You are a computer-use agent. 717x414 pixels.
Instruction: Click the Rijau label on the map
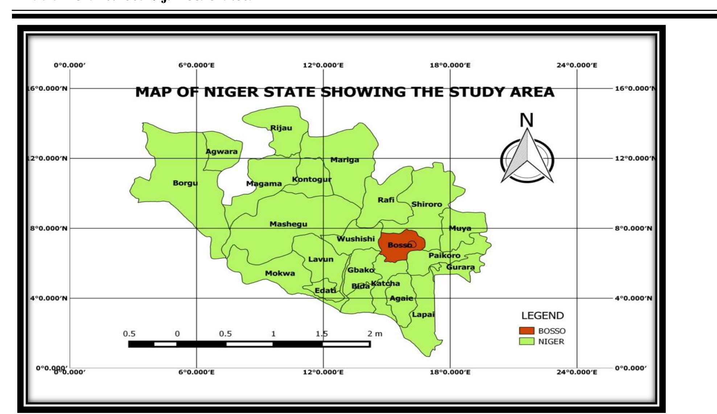(x=281, y=128)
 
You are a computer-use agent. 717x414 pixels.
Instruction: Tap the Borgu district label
(x=185, y=183)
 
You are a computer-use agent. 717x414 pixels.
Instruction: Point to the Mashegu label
(x=288, y=224)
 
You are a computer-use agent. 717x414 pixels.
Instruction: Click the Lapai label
(x=423, y=315)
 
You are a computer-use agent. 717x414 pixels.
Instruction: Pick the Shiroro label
(x=427, y=204)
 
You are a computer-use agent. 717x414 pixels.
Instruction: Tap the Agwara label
(x=222, y=152)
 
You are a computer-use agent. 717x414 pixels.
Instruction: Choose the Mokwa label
(x=280, y=274)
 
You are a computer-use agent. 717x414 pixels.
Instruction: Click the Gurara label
(x=460, y=267)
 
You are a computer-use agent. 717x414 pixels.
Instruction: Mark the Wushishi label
(x=355, y=239)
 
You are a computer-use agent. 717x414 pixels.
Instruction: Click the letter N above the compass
(x=527, y=120)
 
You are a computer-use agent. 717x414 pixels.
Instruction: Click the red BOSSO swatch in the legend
(x=527, y=331)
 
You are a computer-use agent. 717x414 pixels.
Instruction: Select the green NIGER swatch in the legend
(x=527, y=341)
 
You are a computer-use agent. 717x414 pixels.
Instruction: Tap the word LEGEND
(x=543, y=316)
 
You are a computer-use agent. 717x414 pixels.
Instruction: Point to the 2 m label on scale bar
(x=375, y=334)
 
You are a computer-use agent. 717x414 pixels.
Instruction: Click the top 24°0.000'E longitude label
(x=577, y=65)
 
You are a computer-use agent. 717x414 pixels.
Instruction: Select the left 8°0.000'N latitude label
(x=48, y=228)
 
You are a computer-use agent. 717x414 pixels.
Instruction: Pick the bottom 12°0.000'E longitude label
(x=323, y=372)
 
